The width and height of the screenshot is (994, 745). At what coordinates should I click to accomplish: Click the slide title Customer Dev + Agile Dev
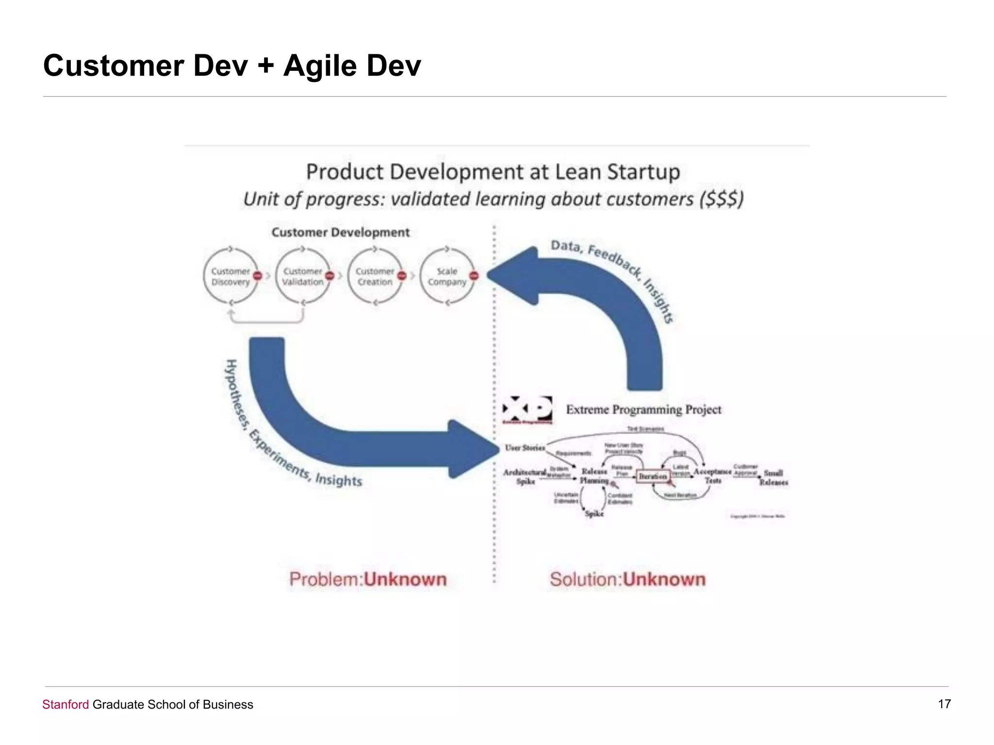click(x=232, y=65)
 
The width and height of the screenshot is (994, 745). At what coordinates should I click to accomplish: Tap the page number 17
click(x=944, y=704)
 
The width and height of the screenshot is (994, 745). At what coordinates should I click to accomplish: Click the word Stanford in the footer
click(x=66, y=704)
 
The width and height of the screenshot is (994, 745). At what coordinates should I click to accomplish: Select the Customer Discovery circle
click(x=230, y=276)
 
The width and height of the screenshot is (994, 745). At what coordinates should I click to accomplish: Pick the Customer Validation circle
click(x=302, y=276)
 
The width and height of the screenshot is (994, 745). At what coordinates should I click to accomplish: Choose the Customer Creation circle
click(x=374, y=276)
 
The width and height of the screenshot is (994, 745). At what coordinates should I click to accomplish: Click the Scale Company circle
click(x=447, y=276)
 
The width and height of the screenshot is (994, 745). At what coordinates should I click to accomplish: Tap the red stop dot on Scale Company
click(x=474, y=275)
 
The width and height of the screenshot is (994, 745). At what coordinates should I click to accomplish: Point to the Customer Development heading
click(x=340, y=232)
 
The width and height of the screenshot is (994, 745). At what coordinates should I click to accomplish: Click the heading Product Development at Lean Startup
click(x=493, y=172)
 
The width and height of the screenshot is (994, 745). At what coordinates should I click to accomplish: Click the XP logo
click(x=527, y=409)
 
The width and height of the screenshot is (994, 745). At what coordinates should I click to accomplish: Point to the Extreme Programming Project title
click(x=644, y=410)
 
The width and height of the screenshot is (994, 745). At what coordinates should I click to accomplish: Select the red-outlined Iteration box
click(x=653, y=476)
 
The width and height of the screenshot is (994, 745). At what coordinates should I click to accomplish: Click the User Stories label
click(x=525, y=447)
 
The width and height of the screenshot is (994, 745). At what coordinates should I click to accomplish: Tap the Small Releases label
click(x=774, y=477)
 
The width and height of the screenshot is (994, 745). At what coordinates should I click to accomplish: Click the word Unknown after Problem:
click(x=405, y=579)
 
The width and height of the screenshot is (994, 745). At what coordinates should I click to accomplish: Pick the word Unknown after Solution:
click(x=664, y=579)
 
